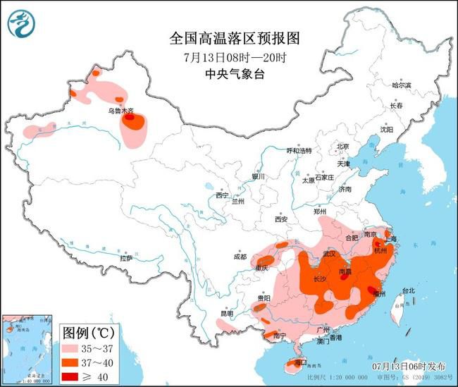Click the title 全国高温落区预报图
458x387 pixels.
pos(230,37)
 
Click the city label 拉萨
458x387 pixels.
pos(125,259)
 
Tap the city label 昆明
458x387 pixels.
pos(225,313)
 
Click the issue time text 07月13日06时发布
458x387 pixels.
pos(409,367)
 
